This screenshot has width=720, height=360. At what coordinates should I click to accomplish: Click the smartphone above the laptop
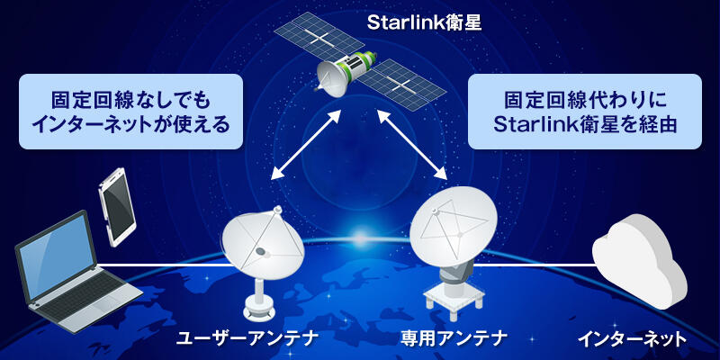119,205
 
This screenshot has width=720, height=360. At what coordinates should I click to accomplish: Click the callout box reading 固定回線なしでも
132,112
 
